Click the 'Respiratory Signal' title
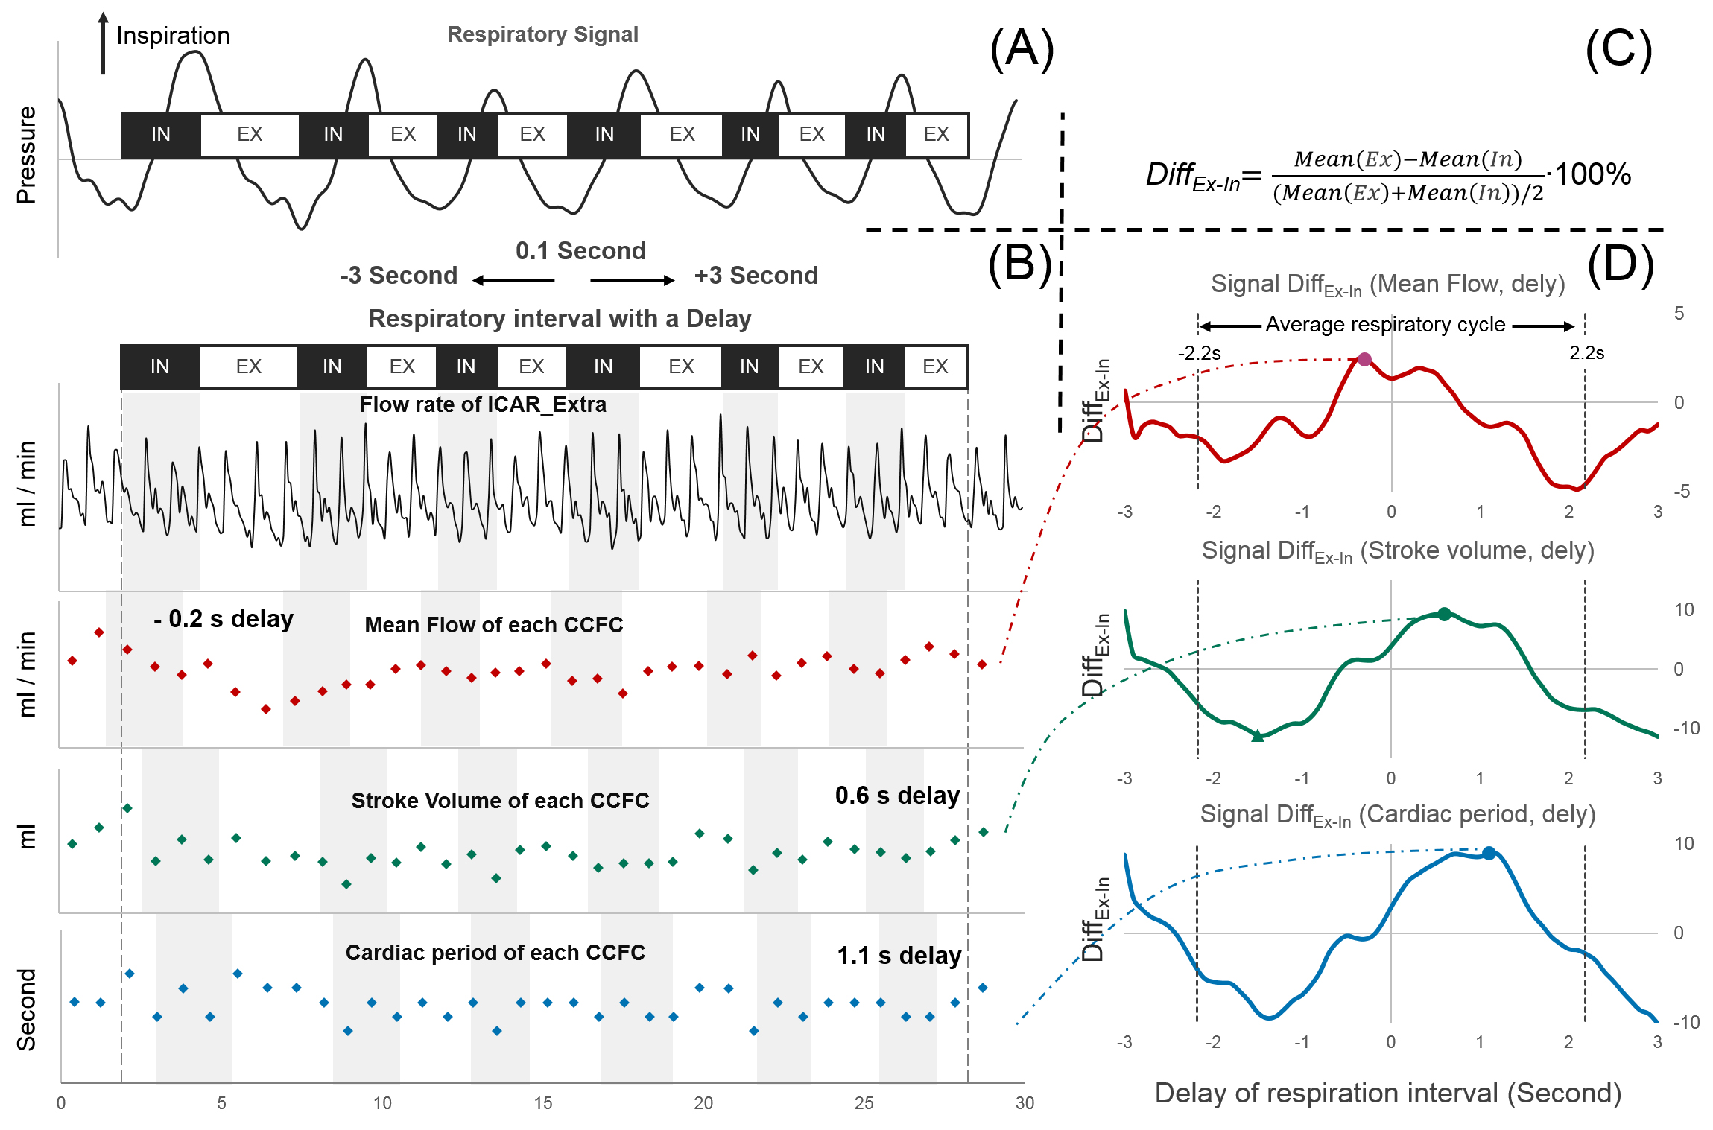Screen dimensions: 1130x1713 pos(542,34)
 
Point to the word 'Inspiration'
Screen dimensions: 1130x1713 pos(173,36)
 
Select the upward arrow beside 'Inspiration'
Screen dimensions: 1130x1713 pos(104,43)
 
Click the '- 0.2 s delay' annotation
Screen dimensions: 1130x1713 pos(223,619)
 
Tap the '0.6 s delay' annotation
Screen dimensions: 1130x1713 pos(897,796)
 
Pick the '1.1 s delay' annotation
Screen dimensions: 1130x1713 pos(899,956)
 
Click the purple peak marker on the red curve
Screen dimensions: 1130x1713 pos(1364,360)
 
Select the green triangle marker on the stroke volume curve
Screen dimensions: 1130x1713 pos(1258,736)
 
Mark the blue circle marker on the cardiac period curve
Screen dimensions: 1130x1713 pos(1488,854)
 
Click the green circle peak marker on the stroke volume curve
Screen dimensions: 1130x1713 pos(1444,615)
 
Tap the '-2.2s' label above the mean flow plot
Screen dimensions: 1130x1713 pos(1199,353)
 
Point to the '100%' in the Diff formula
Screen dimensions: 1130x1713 pos(1592,174)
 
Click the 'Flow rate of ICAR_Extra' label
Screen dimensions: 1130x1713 pos(483,404)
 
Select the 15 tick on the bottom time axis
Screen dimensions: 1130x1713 pos(543,1103)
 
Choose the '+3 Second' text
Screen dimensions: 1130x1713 pos(756,276)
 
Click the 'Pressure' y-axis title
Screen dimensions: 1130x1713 pos(26,155)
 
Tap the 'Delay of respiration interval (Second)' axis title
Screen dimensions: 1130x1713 pos(1387,1093)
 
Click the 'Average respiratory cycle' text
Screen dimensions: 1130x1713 pos(1385,325)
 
